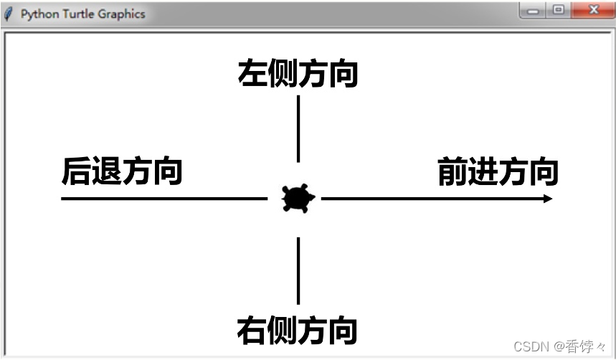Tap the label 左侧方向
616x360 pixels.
click(298, 74)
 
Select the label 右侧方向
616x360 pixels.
click(298, 331)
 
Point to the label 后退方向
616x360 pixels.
click(122, 172)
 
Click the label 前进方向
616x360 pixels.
click(498, 172)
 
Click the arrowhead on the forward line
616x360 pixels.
click(548, 199)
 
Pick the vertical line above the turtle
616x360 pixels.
click(298, 129)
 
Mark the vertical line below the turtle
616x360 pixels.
click(298, 271)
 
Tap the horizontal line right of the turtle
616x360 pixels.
click(430, 199)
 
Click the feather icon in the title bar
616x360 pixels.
click(9, 14)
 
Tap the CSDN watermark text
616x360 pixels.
click(529, 347)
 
